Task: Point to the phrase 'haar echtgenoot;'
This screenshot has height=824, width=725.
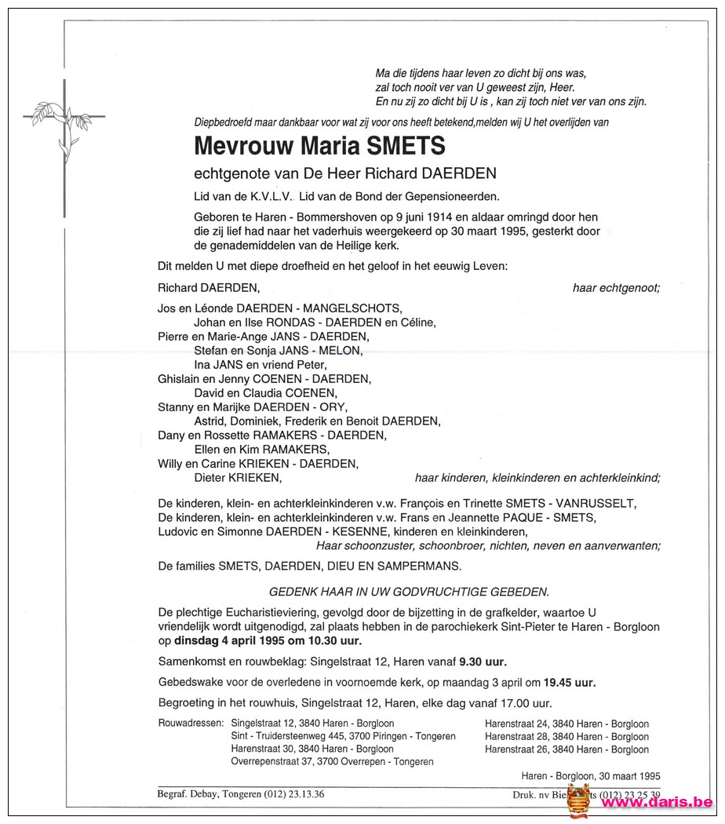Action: pos(616,288)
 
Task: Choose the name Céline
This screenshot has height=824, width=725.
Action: pos(417,322)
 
